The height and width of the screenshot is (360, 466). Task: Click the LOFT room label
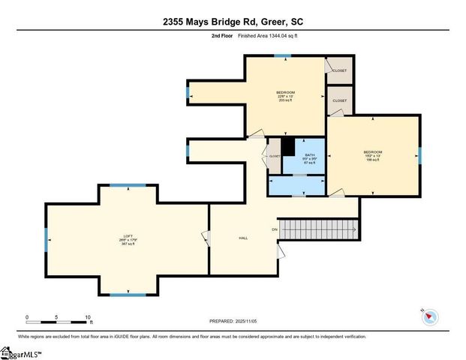click(x=127, y=239)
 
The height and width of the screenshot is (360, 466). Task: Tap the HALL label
click(x=243, y=238)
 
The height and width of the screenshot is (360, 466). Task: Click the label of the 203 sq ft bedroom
click(x=285, y=94)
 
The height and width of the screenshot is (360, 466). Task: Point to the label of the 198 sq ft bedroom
click(x=374, y=155)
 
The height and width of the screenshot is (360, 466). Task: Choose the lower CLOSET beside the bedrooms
click(x=340, y=100)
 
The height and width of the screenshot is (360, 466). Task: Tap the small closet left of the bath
click(x=275, y=156)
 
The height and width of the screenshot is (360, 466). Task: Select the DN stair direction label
click(x=275, y=229)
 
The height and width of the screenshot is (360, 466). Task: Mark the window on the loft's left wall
click(x=46, y=239)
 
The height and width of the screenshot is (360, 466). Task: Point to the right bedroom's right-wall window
click(x=419, y=155)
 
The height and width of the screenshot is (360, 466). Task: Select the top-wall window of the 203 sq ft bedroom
click(x=281, y=56)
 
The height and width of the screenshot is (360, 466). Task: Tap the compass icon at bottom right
click(x=428, y=316)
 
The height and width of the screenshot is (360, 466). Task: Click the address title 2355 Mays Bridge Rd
click(x=233, y=22)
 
